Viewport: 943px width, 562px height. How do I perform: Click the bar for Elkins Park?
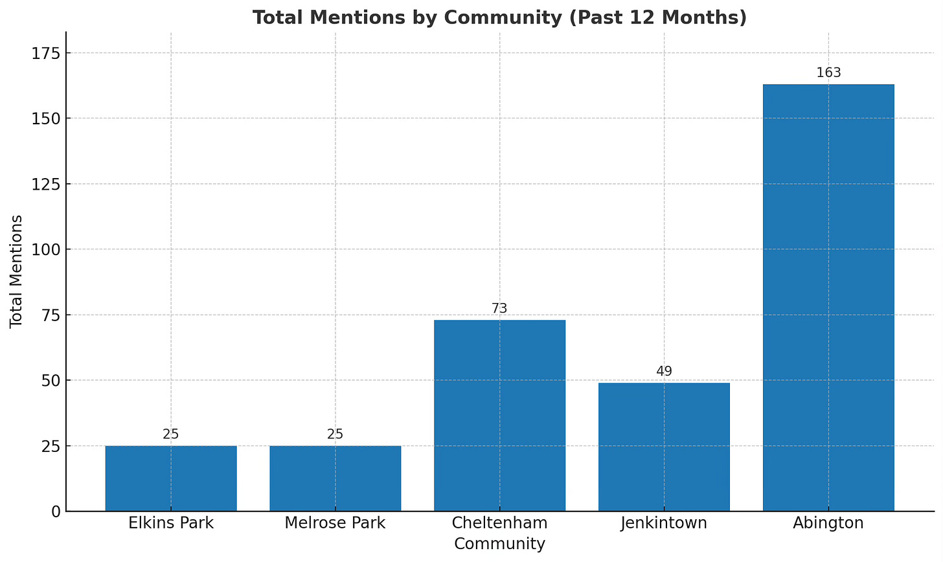(x=171, y=478)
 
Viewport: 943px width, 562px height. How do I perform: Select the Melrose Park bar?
(x=335, y=478)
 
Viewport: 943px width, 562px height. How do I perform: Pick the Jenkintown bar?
(x=664, y=447)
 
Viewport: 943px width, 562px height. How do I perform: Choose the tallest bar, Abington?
(x=828, y=298)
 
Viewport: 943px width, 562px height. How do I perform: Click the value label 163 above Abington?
(x=828, y=73)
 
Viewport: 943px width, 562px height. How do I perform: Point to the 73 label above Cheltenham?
(x=499, y=308)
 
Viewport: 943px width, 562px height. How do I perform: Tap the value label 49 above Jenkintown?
(x=664, y=371)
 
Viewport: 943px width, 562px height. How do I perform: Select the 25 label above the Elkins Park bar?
(x=171, y=434)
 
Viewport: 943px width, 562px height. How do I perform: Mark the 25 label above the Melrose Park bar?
(x=335, y=434)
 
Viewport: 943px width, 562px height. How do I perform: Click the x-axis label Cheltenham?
(x=499, y=523)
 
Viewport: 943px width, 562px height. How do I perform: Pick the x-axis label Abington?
(x=828, y=523)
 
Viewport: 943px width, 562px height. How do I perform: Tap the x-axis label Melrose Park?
(x=335, y=523)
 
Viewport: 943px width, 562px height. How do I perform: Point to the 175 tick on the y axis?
(x=45, y=53)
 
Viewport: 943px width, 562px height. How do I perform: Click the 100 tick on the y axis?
(x=45, y=249)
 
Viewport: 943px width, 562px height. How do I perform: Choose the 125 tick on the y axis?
(x=45, y=184)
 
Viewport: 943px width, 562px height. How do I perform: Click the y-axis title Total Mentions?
(x=16, y=271)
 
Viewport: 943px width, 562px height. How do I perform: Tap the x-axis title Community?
(x=499, y=544)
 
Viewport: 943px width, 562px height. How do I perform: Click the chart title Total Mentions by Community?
(x=499, y=17)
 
